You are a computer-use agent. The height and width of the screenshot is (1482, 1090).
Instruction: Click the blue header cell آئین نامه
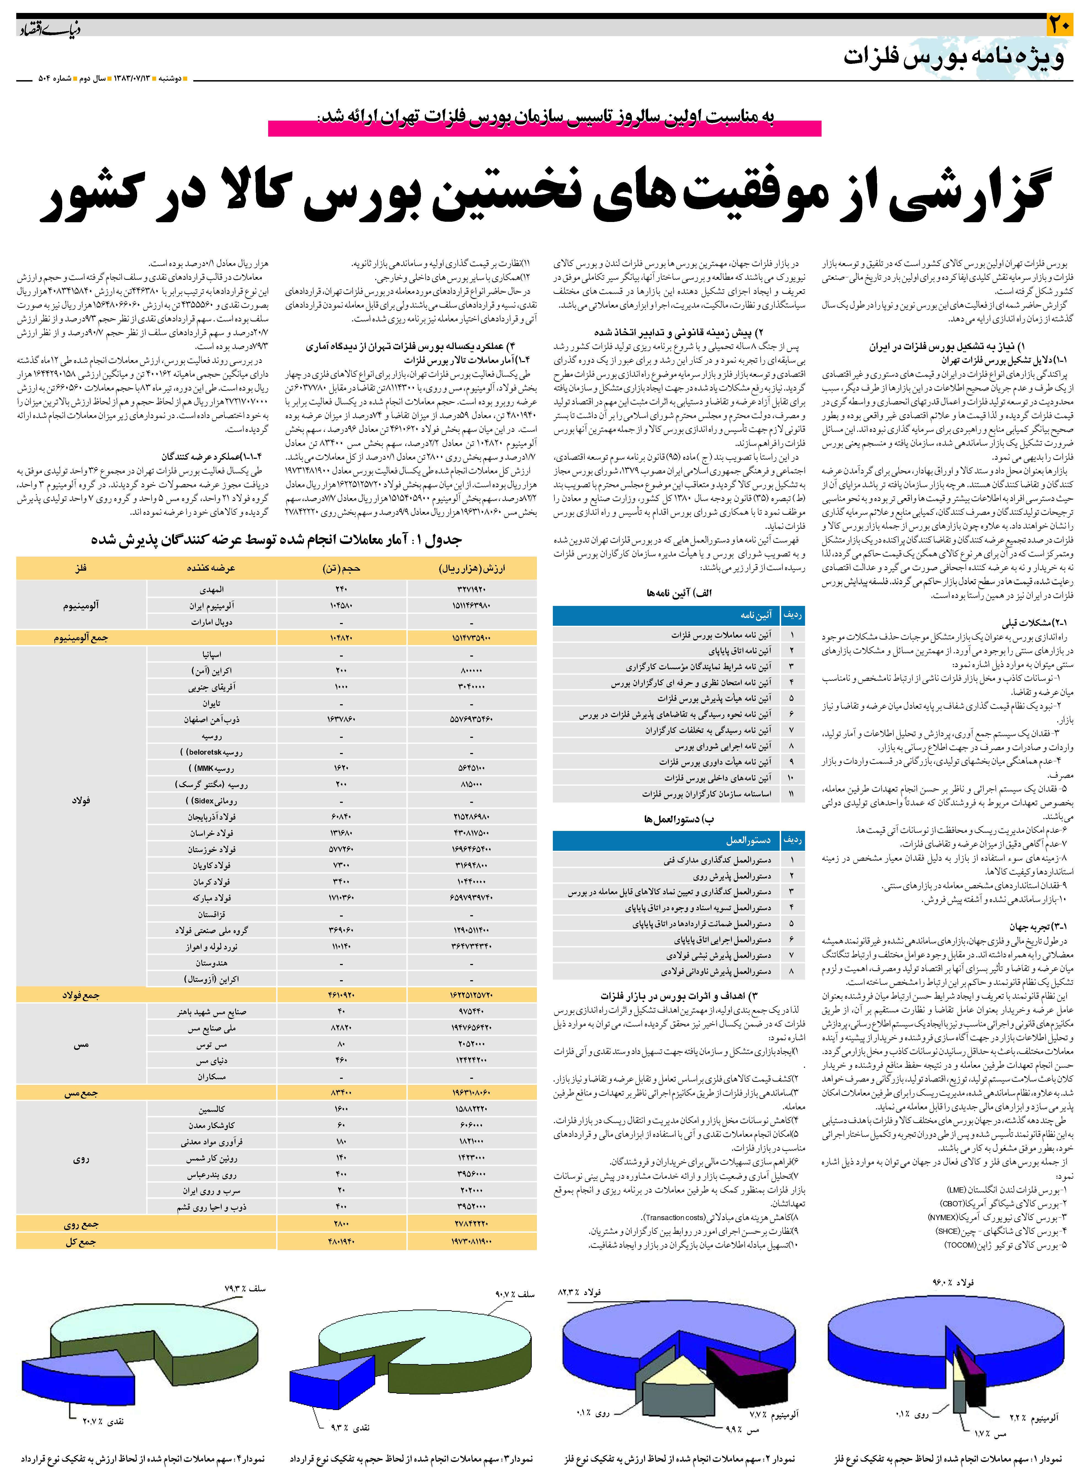[755, 615]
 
